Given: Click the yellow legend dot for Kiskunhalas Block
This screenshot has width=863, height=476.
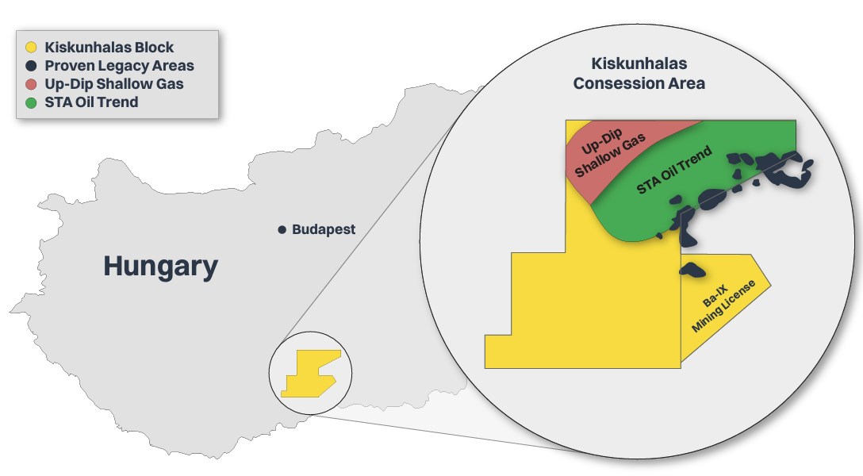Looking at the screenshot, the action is tap(32, 48).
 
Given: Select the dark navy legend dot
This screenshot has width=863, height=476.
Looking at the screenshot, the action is tap(32, 66).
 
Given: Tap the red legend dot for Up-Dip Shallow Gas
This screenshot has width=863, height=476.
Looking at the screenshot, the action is tap(32, 84).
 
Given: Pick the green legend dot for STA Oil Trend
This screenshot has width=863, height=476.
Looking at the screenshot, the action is tap(32, 102).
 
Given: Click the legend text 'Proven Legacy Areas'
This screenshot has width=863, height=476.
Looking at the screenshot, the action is tap(120, 66).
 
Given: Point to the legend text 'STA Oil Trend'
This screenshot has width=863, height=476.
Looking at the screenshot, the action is tap(91, 102).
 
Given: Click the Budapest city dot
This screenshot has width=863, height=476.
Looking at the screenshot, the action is tap(282, 229).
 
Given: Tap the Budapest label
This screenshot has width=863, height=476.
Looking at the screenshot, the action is tap(324, 229).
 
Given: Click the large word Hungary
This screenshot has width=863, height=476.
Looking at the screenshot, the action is tap(161, 267).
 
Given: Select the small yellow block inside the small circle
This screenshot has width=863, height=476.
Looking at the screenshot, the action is tap(309, 375).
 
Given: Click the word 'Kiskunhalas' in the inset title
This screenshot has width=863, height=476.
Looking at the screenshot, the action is tap(639, 63).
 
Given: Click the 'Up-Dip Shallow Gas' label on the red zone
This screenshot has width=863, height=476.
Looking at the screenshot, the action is tap(609, 152).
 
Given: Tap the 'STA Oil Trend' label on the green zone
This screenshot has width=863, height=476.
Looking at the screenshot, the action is tap(674, 170).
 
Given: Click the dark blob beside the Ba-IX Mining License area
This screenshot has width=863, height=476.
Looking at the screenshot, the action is tap(692, 270).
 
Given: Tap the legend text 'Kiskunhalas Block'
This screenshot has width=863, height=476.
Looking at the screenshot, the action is tap(109, 48).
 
